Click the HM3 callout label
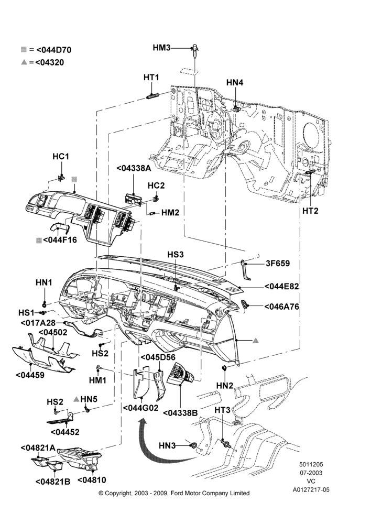click(161, 48)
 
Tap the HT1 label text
click(151, 78)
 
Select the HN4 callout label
click(235, 83)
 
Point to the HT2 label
click(310, 211)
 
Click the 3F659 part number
click(278, 264)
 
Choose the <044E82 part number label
click(281, 287)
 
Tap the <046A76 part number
click(281, 307)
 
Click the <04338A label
click(134, 168)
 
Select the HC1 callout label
click(60, 156)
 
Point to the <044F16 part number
click(57, 239)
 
